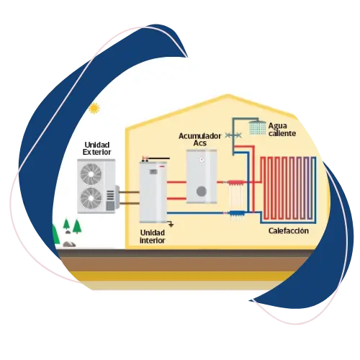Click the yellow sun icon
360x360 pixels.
(x=94, y=108)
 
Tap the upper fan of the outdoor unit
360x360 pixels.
(x=91, y=174)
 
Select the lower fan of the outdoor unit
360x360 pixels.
(x=91, y=198)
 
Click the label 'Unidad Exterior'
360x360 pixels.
(x=96, y=148)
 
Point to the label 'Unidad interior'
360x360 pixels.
(x=153, y=236)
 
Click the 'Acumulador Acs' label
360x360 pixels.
(x=199, y=140)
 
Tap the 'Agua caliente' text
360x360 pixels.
(x=282, y=130)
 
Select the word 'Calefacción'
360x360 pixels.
(x=289, y=231)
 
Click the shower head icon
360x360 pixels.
(x=258, y=127)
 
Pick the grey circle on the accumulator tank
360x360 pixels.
(x=202, y=192)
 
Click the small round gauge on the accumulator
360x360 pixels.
(x=202, y=160)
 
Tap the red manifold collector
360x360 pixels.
(x=235, y=183)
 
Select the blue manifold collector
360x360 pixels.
(x=237, y=213)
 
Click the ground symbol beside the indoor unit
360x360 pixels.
(x=171, y=225)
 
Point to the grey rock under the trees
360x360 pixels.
(x=69, y=244)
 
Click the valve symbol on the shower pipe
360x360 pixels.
(x=233, y=135)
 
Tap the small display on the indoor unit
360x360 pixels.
(x=153, y=171)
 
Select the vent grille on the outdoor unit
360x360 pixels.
(x=110, y=195)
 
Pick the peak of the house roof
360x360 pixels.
(x=228, y=95)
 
